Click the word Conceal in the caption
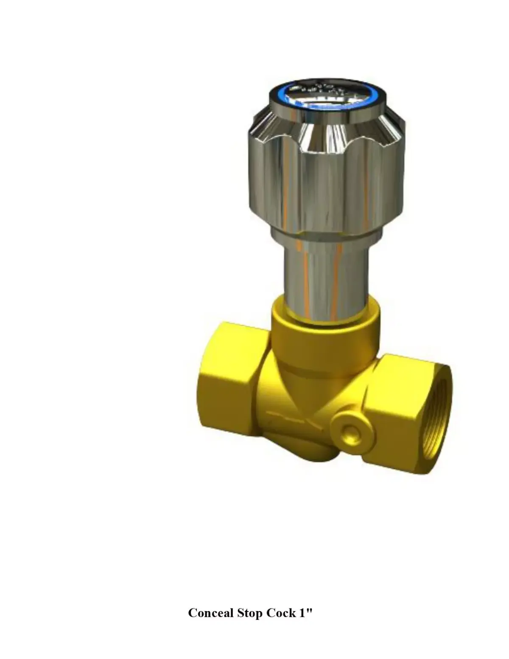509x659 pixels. (x=211, y=613)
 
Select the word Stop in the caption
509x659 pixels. (x=250, y=613)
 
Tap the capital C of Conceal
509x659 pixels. (x=193, y=613)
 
